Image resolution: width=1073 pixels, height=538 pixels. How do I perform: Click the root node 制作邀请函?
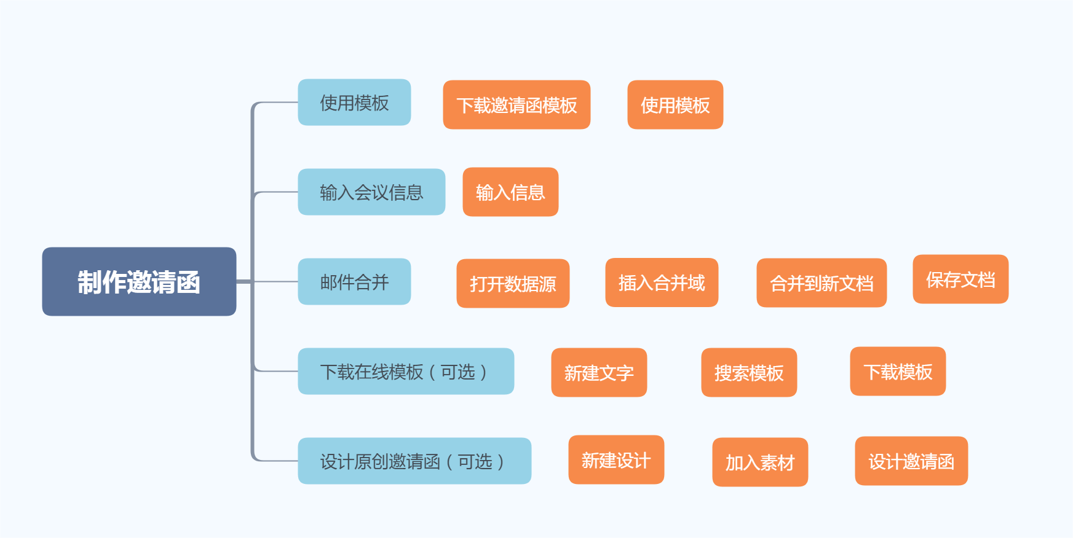point(139,282)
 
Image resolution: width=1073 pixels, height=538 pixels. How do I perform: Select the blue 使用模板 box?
point(354,103)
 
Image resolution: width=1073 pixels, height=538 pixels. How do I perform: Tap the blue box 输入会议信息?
point(371,192)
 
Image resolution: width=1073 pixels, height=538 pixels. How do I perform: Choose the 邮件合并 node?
point(354,282)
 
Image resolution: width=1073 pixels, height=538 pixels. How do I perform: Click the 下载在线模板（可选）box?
point(406,372)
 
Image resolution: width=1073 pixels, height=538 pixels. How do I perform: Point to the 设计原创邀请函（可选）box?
point(414,461)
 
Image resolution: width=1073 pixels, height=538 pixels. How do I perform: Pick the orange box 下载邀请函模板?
point(517,105)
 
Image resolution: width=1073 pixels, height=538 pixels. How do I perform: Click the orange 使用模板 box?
point(675,105)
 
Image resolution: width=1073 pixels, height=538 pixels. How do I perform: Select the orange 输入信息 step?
point(510,192)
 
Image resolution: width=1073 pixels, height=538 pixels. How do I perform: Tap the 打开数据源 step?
point(513,283)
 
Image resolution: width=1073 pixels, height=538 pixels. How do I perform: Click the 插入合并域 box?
point(662,283)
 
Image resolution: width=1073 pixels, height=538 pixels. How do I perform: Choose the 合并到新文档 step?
point(822,283)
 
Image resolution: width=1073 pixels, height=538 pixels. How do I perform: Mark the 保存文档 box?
point(960,279)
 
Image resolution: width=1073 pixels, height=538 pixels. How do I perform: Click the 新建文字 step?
point(599,373)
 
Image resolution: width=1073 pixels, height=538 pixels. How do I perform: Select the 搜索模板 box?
point(749,373)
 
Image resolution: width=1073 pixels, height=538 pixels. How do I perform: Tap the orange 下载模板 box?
point(898,372)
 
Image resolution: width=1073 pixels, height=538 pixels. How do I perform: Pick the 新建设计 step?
point(616,460)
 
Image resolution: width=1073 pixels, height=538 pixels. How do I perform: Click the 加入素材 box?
point(760,462)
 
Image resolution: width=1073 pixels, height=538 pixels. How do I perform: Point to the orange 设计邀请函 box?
point(911,461)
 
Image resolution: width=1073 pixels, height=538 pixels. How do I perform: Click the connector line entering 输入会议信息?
point(277,192)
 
